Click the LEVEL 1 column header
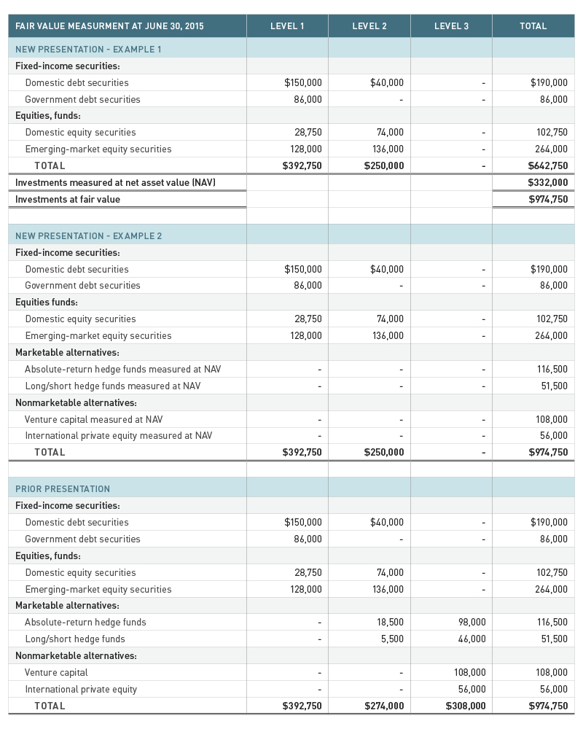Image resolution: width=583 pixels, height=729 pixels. coord(287,26)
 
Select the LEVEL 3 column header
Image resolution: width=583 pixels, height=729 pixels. coord(451,26)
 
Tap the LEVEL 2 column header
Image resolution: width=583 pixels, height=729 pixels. coord(369,26)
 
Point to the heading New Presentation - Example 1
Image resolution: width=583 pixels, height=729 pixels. coord(88,49)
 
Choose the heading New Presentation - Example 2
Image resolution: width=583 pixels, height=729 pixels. coord(88,235)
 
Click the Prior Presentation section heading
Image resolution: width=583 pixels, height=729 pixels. coord(63,488)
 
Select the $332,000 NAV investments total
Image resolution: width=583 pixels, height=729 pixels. coord(547,182)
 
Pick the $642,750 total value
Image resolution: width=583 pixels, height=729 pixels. coord(547,165)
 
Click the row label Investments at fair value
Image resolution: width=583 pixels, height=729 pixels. coord(68,199)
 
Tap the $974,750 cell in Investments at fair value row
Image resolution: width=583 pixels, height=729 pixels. coord(547,199)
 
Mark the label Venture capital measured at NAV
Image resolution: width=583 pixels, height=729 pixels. coord(94,419)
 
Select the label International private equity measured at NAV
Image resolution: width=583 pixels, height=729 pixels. coord(119,435)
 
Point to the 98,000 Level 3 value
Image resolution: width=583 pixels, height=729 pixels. coord(472,622)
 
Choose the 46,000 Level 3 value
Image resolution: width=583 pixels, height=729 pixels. coord(472,639)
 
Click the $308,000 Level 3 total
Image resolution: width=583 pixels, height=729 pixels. coord(466,706)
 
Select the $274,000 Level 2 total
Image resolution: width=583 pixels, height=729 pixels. coord(384,706)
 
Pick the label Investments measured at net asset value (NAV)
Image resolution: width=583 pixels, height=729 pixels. coord(115,182)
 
